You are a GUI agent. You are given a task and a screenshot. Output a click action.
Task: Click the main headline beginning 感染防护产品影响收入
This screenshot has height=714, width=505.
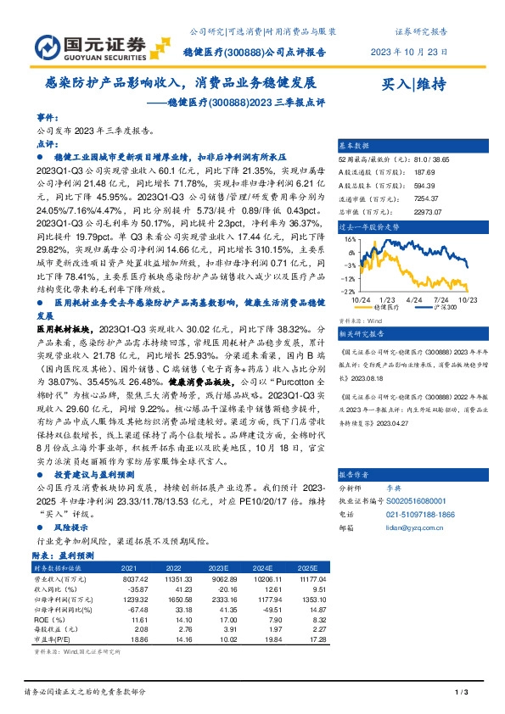180,85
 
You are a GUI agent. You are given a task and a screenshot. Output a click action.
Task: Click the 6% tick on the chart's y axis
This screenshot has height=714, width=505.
351,240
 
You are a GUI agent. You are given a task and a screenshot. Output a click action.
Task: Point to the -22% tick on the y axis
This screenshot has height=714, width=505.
348,290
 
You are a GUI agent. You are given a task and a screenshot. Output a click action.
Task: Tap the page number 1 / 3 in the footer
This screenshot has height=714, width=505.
463,693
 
